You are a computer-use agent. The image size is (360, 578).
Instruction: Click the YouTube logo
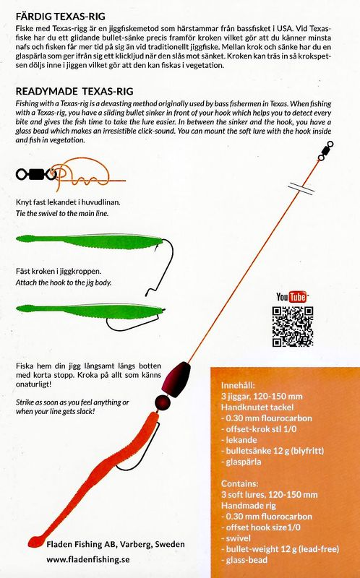pyautogui.click(x=291, y=297)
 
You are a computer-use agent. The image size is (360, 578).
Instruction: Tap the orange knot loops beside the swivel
pyautogui.click(x=77, y=174)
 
